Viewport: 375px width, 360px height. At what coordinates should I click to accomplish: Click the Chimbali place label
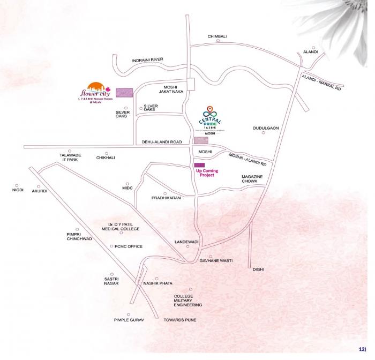click(x=217, y=36)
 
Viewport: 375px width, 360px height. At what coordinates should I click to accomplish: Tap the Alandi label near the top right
click(x=310, y=51)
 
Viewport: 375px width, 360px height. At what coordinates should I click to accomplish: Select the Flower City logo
click(x=94, y=93)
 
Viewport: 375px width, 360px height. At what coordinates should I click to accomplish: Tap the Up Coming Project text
click(x=207, y=172)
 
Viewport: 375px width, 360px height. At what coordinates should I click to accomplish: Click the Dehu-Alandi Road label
click(x=161, y=142)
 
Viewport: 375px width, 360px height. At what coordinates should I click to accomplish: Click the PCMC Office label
click(x=128, y=246)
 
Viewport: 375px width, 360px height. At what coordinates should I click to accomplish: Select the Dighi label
click(x=259, y=269)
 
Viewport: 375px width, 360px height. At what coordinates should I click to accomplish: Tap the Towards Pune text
click(x=179, y=320)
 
